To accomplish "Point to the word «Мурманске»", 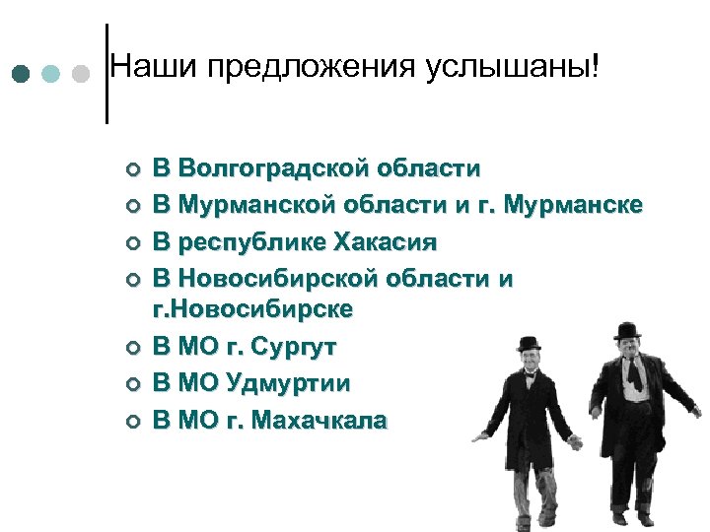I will [573, 205].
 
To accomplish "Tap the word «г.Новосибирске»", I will [251, 309].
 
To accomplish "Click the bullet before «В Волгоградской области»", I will [131, 169].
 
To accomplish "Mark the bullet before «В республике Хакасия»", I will [131, 242].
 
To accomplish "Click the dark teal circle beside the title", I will [22, 74].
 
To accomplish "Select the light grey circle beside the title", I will [82, 74].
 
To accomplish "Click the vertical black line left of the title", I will [106, 74].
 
